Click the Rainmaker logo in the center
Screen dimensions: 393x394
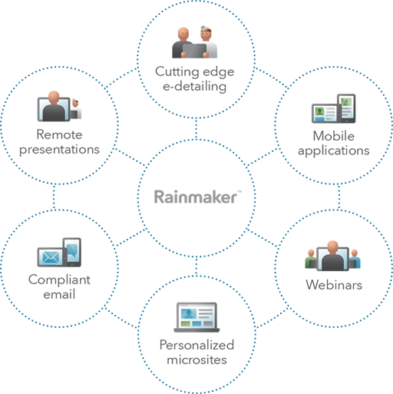point(197,197)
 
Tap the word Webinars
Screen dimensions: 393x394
point(334,285)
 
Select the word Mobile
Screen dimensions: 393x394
point(334,136)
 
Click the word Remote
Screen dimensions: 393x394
point(59,134)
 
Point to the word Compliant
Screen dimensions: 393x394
point(59,280)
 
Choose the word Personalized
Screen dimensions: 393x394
point(196,345)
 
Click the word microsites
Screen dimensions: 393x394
point(196,359)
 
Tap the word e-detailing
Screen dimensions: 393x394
point(195,86)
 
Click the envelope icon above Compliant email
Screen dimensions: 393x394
point(51,257)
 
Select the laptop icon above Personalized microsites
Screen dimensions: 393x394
point(196,317)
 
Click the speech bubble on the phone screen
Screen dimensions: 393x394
point(72,250)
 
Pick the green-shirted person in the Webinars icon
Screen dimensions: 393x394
point(311,259)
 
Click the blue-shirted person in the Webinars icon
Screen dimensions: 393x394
point(355,259)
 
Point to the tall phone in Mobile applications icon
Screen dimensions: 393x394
point(346,108)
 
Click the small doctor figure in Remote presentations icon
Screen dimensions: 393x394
point(75,109)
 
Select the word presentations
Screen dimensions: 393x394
point(59,150)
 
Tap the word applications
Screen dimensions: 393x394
point(334,151)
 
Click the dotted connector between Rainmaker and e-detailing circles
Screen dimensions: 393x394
point(196,129)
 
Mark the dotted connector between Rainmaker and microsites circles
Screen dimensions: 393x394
point(196,266)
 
